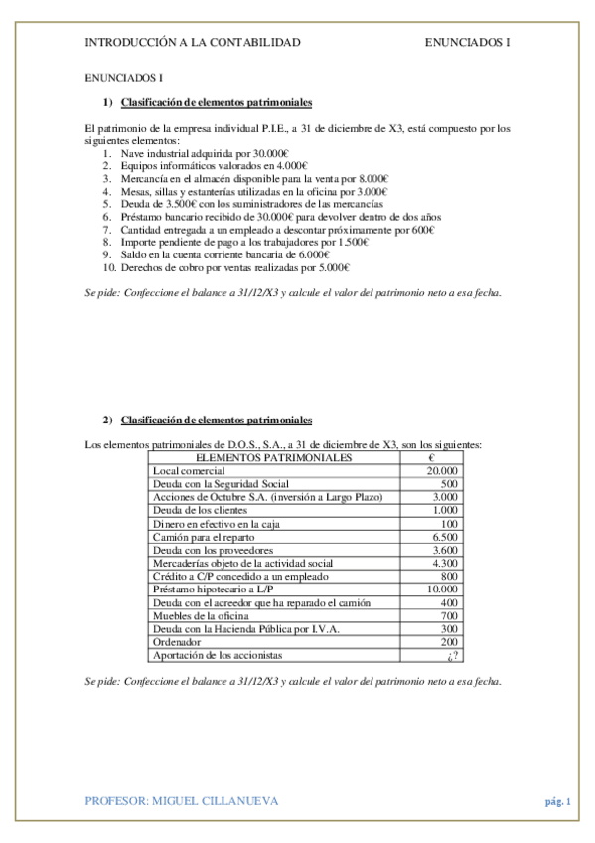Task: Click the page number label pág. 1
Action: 558,800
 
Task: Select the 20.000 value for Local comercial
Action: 442,470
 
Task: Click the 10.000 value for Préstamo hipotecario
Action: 442,590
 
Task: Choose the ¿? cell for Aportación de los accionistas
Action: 450,656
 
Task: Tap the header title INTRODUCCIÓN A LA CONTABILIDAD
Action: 193,42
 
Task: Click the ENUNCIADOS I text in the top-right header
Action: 467,42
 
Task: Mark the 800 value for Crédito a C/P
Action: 448,577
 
